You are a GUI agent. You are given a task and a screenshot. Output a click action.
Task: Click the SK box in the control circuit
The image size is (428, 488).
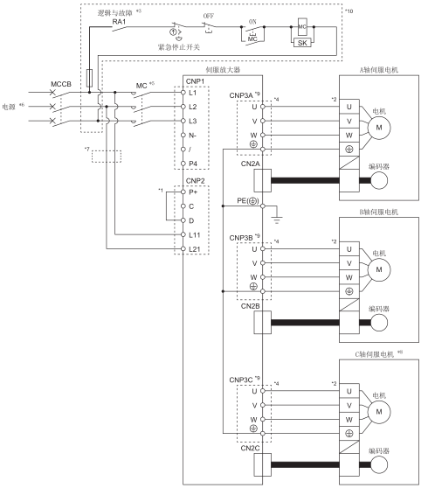[x=302, y=43]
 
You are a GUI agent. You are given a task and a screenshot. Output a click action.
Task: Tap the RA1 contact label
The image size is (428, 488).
[x=119, y=22]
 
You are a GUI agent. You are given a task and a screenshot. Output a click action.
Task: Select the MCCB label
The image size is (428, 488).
[x=61, y=84]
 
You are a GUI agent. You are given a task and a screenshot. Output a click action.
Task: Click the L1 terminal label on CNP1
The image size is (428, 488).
[x=193, y=93]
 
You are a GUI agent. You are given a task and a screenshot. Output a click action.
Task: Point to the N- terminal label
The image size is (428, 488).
[x=193, y=136]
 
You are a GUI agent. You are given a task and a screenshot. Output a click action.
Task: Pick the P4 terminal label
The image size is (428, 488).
[x=193, y=164]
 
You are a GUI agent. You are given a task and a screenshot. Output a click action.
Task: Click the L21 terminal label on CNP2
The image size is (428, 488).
[x=195, y=249]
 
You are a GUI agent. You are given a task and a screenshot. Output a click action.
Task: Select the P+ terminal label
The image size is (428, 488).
[x=193, y=192]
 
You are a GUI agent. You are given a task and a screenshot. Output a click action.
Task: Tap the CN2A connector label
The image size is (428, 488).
[x=250, y=164]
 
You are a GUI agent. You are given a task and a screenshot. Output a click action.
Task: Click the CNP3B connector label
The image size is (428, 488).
[x=241, y=238]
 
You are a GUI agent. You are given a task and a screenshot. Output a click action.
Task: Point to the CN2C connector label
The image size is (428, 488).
[x=250, y=448]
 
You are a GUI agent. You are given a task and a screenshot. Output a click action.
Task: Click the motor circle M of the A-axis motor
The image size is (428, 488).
[x=379, y=128]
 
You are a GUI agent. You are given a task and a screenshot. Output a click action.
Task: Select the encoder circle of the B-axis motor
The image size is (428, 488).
[x=379, y=323]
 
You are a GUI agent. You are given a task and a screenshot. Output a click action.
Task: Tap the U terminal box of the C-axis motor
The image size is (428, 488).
[x=349, y=391]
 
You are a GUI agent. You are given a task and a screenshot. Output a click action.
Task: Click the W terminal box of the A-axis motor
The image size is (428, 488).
[x=349, y=136]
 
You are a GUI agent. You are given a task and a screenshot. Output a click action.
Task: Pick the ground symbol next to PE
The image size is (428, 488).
[x=277, y=220]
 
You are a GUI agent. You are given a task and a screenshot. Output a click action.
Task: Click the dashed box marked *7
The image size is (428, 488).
[x=107, y=157]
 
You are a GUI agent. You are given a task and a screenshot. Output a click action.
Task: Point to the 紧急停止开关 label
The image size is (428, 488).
[x=179, y=47]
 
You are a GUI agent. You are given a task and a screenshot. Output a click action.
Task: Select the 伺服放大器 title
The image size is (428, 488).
[x=223, y=70]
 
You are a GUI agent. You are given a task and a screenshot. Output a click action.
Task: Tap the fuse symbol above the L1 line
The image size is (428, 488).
[x=89, y=78]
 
